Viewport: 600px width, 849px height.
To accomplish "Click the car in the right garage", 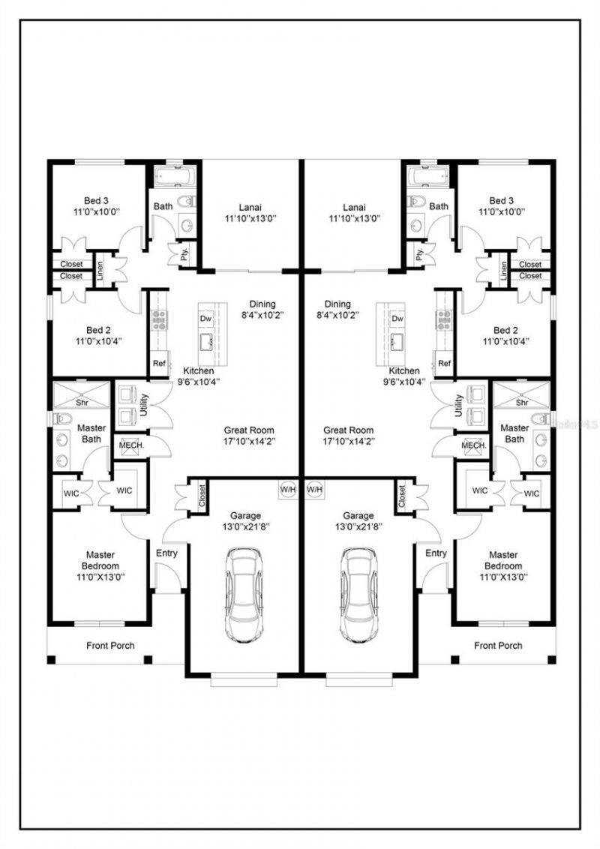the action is [x=358, y=595].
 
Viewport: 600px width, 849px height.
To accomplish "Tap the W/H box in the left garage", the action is [x=288, y=490].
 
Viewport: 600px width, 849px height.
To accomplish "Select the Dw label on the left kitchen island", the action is [x=205, y=318].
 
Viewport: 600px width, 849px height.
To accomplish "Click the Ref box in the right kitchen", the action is [x=444, y=363].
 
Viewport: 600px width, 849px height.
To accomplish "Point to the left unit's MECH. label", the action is [x=131, y=445].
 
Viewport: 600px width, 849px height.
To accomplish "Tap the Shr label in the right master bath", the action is [x=522, y=402].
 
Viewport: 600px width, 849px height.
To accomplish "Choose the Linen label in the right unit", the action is [x=503, y=271].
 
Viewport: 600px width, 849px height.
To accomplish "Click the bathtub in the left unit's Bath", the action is [x=174, y=176].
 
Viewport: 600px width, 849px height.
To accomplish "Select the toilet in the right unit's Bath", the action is [x=416, y=202].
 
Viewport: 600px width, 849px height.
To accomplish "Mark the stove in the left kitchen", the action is [x=160, y=320].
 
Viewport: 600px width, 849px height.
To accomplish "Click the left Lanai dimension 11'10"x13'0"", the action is [x=250, y=219].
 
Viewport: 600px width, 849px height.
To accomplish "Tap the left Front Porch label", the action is [x=110, y=646].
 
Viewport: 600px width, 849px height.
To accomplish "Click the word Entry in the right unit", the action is [x=436, y=553].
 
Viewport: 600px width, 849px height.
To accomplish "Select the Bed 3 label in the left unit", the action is [x=96, y=201].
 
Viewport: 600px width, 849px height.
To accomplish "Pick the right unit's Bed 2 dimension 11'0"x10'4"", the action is [x=505, y=341].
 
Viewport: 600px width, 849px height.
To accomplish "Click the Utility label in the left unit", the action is [x=144, y=405].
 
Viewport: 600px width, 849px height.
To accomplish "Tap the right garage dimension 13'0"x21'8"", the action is [x=358, y=526].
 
